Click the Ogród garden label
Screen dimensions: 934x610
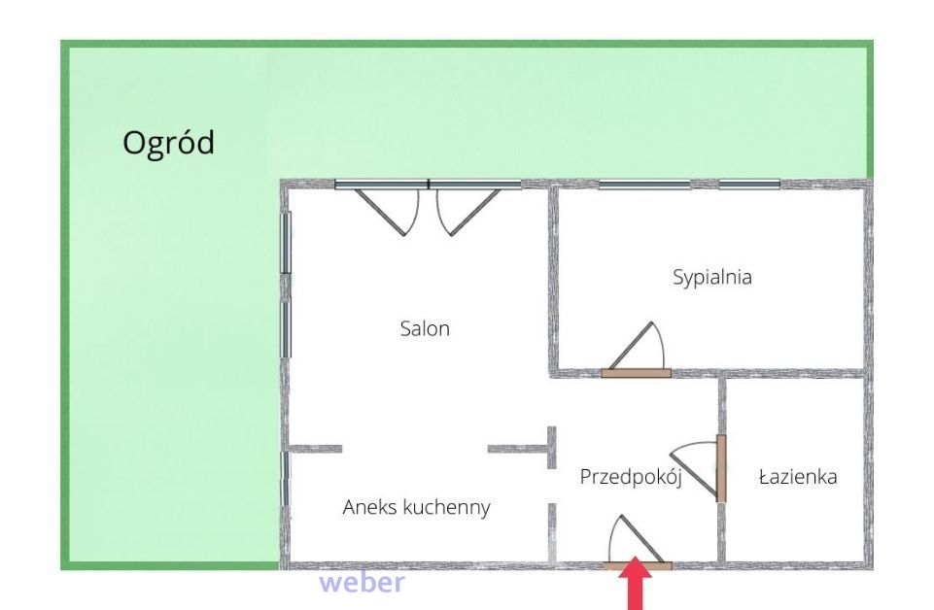[168, 144]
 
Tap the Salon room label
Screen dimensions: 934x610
[425, 328]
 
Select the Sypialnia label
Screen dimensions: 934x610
[712, 278]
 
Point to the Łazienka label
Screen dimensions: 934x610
[798, 476]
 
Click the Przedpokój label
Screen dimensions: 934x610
[631, 477]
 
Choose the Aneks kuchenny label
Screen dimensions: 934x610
[416, 508]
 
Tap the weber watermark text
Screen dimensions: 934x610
[363, 583]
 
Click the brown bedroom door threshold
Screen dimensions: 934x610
[637, 373]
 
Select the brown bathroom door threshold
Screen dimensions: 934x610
[721, 468]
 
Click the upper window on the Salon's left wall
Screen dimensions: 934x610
[286, 243]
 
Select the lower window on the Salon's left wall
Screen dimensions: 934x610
[286, 329]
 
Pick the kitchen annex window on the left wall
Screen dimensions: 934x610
[286, 479]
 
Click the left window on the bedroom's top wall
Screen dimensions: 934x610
[644, 185]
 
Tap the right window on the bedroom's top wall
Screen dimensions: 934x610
[749, 185]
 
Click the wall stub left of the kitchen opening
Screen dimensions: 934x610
[315, 449]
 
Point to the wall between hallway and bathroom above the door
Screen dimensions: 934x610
[721, 406]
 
